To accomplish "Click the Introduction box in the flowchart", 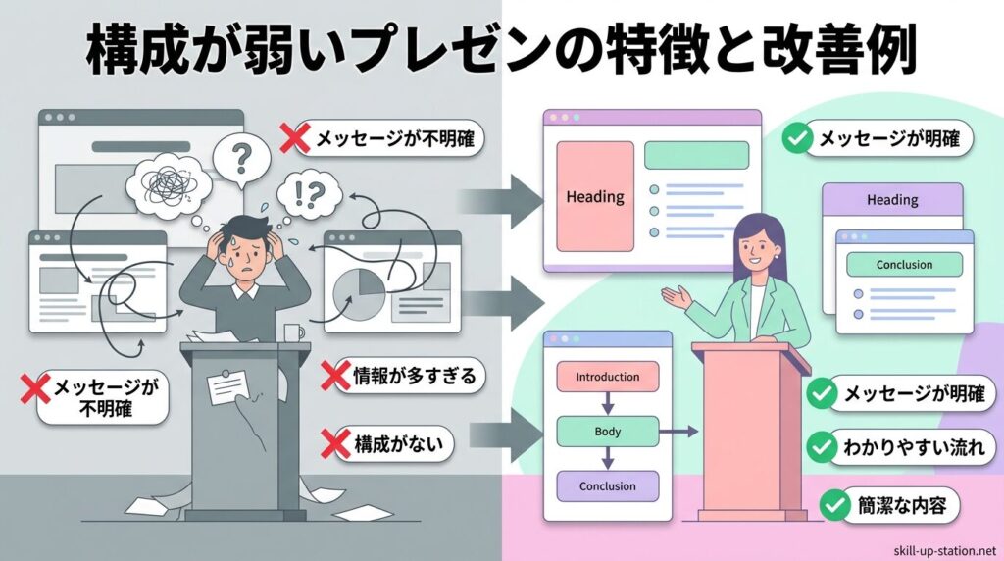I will click(x=607, y=377).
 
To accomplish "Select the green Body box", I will click(x=607, y=431).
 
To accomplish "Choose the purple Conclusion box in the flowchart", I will click(x=607, y=485).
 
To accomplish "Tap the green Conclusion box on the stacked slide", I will click(x=904, y=264).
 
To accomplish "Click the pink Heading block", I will click(x=595, y=197).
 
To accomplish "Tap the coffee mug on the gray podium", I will click(x=291, y=332).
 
